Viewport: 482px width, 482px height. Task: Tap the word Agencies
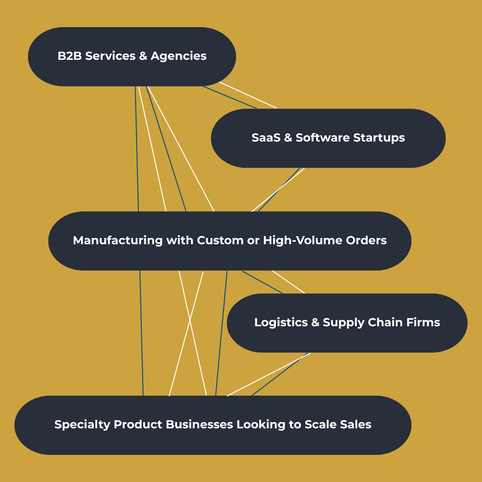click(178, 56)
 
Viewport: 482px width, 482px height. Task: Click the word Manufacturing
click(117, 240)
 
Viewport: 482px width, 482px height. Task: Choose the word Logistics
click(281, 322)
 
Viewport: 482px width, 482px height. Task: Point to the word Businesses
click(199, 424)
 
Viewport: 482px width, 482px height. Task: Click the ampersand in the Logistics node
click(315, 323)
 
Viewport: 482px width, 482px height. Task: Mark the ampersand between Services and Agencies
click(143, 56)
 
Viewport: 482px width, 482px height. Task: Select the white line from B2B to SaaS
click(248, 95)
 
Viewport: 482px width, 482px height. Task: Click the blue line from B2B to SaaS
click(230, 97)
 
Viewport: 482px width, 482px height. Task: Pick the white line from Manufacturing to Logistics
click(288, 282)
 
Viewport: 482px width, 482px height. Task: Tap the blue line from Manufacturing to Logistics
click(262, 282)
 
